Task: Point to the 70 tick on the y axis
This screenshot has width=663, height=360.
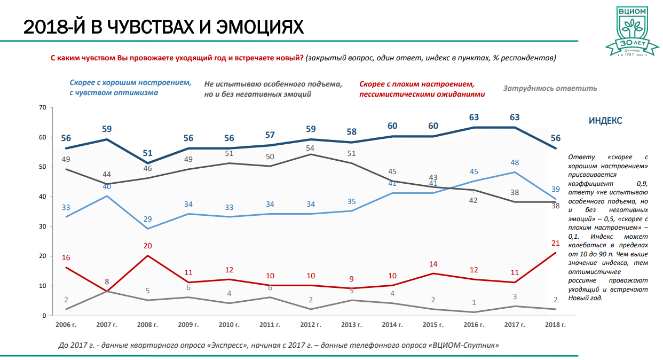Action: (x=43, y=107)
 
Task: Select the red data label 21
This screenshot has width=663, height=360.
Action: (x=555, y=244)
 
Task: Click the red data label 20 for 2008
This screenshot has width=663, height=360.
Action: (x=148, y=246)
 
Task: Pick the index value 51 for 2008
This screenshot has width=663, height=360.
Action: (x=148, y=153)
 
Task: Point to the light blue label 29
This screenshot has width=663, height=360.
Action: (x=148, y=220)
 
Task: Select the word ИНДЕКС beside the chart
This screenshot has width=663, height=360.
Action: (x=605, y=121)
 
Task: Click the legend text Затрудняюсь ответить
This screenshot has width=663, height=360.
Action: (x=550, y=88)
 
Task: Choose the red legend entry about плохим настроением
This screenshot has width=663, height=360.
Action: (x=422, y=89)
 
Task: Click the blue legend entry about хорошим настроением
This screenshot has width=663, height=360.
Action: (x=130, y=88)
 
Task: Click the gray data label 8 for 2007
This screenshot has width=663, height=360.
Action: (x=107, y=281)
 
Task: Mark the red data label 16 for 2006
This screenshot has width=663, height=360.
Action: (x=66, y=257)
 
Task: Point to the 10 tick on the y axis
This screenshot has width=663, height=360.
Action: (x=43, y=286)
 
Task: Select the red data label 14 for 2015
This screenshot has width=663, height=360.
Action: (x=432, y=264)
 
